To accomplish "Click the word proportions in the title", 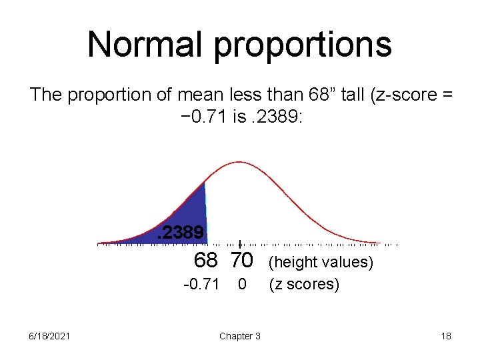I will coord(304,45).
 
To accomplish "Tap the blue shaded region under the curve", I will coord(190,217).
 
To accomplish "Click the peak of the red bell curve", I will coord(239,162).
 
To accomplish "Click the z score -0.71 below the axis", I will coord(201,285).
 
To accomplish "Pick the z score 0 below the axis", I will coord(243,285).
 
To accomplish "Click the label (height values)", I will coord(320,262).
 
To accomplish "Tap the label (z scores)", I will coord(303,285).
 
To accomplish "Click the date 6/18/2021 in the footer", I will coord(47,336).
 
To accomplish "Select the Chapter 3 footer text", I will coord(239,336).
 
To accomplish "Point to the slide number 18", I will coord(445,336).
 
